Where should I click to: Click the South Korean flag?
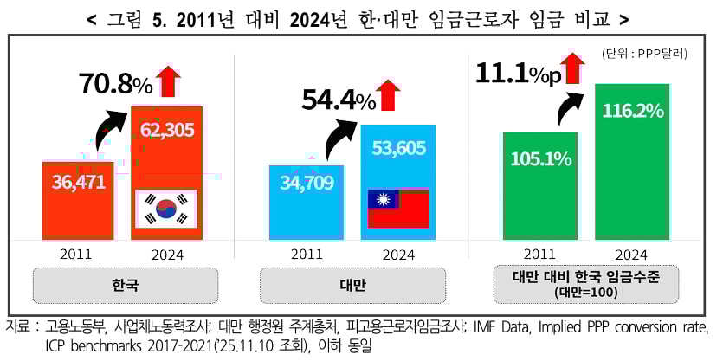click(166, 209)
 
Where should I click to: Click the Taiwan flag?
click(398, 208)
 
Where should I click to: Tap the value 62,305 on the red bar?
click(167, 131)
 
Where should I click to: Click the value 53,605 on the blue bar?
click(398, 147)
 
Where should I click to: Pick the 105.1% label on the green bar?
click(540, 158)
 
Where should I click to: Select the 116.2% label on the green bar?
click(633, 111)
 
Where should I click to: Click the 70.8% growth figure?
click(115, 84)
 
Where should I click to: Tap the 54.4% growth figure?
click(339, 100)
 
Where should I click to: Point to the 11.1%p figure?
click(517, 73)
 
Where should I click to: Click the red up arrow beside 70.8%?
click(168, 81)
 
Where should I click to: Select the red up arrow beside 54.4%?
click(391, 94)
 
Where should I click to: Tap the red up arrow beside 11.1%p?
click(572, 68)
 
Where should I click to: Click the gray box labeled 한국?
click(125, 285)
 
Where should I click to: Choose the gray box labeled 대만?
click(352, 285)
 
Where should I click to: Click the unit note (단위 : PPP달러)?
click(644, 54)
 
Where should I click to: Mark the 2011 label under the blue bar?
click(307, 254)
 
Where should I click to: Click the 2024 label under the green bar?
click(633, 254)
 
